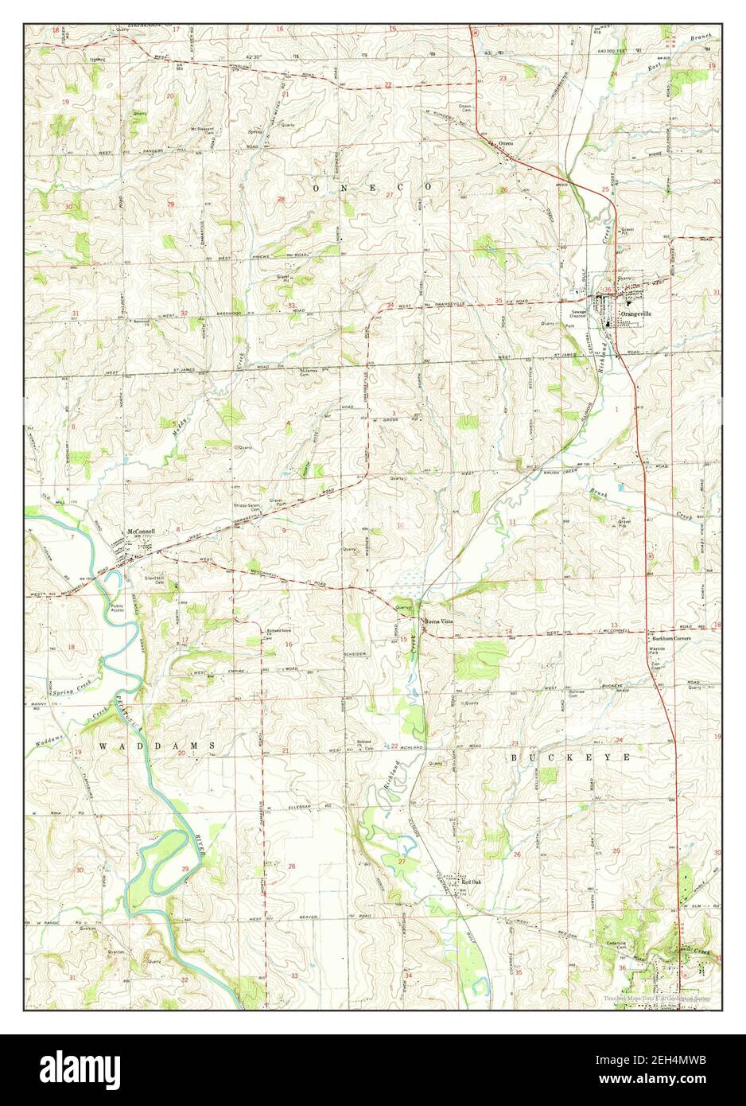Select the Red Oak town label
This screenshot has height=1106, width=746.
(x=472, y=882)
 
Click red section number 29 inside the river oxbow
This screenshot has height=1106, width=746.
(x=185, y=870)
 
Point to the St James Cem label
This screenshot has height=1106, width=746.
(x=309, y=372)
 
